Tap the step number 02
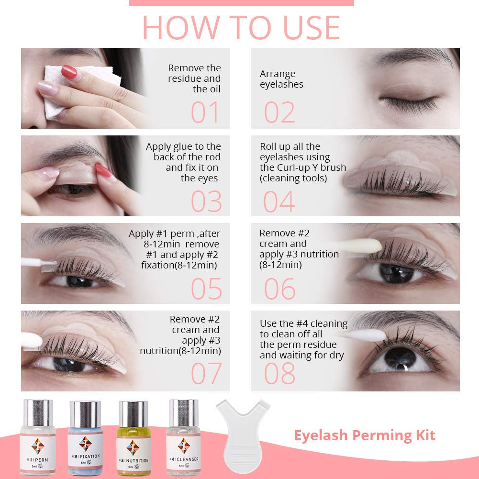[x=279, y=112]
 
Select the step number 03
[x=206, y=201]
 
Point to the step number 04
[x=279, y=201]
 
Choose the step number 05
[x=206, y=289]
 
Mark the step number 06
[x=279, y=289]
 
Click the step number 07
[x=206, y=374]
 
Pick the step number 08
[x=279, y=374]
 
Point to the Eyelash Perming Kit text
[x=364, y=435]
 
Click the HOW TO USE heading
[x=241, y=28]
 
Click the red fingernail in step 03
[x=102, y=170]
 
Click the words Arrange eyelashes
[x=281, y=79]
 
